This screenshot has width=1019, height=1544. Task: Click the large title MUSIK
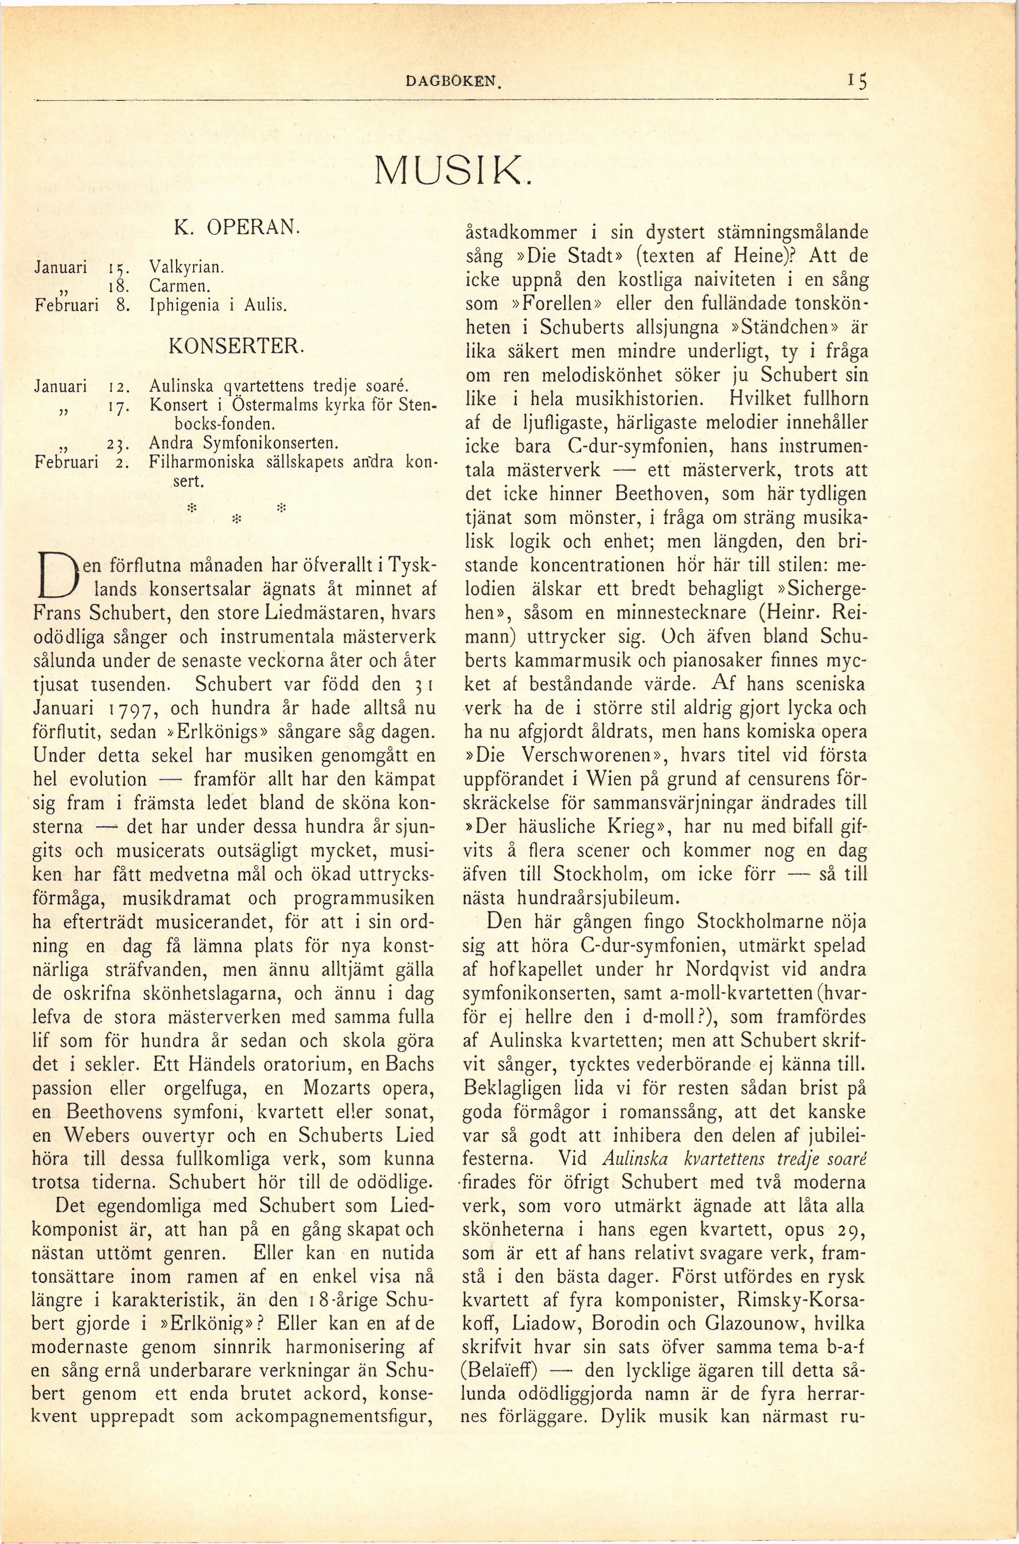point(452,170)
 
